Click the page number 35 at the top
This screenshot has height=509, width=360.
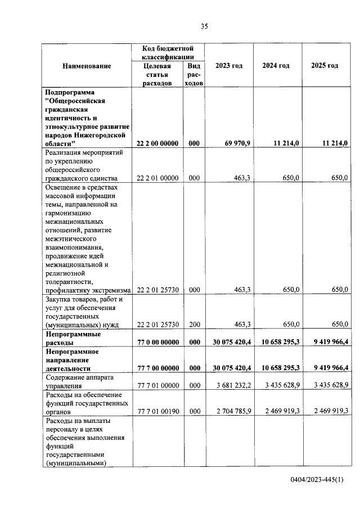pyautogui.click(x=204, y=25)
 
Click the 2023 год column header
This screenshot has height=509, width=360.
pyautogui.click(x=229, y=66)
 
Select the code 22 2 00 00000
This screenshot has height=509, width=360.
pyautogui.click(x=158, y=143)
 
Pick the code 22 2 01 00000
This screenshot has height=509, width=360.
pyautogui.click(x=158, y=178)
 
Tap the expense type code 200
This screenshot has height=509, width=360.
pyautogui.click(x=194, y=325)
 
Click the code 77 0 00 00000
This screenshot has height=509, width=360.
pyautogui.click(x=158, y=342)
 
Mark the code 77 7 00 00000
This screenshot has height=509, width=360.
pyautogui.click(x=158, y=368)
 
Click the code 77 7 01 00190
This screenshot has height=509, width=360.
pyautogui.click(x=158, y=411)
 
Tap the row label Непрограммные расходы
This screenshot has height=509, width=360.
pyautogui.click(x=73, y=337)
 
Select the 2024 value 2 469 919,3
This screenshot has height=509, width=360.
pyautogui.click(x=280, y=411)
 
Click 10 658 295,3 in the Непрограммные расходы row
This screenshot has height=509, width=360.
pyautogui.click(x=280, y=342)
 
